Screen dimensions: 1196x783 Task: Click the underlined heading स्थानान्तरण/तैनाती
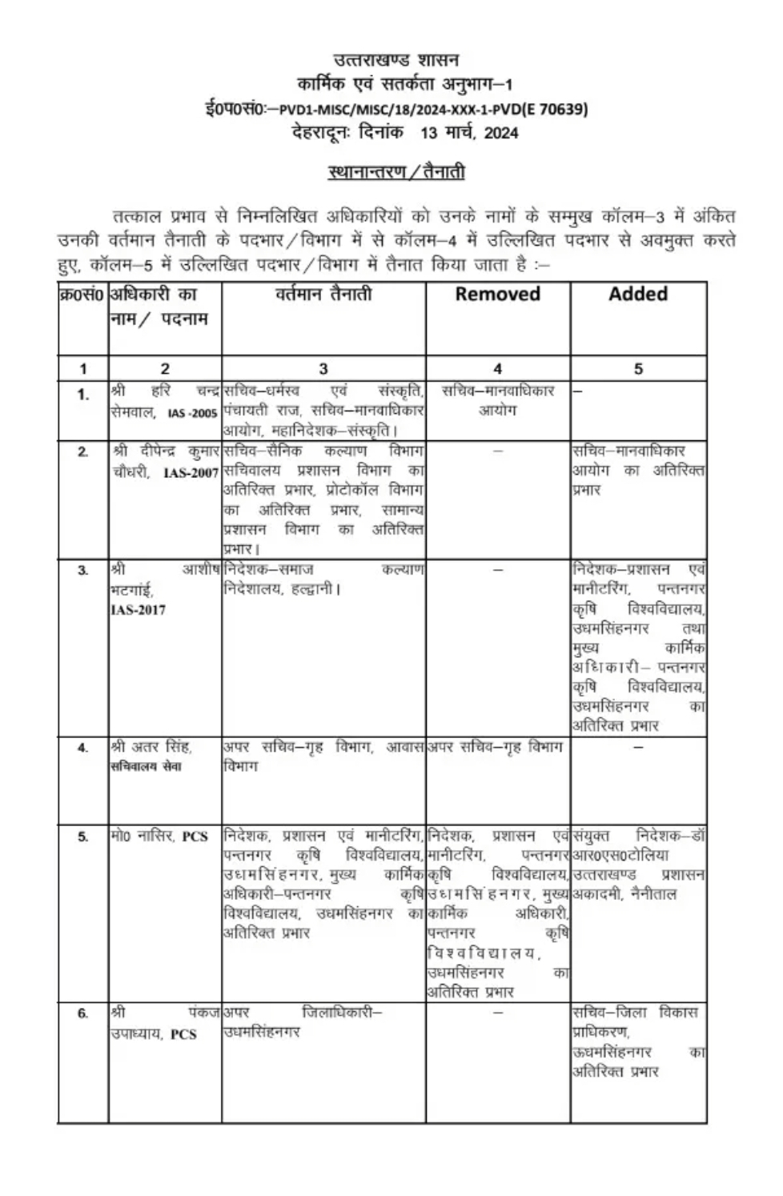click(x=396, y=171)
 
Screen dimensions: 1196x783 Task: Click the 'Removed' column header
click(x=497, y=294)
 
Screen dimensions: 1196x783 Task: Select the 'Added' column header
click(x=638, y=294)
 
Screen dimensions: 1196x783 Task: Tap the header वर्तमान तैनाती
click(x=323, y=295)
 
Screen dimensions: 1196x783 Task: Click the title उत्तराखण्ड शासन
click(x=396, y=60)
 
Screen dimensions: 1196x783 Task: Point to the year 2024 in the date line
click(x=500, y=133)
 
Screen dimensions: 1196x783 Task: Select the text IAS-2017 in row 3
click(x=138, y=610)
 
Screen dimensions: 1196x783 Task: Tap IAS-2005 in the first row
click(x=192, y=413)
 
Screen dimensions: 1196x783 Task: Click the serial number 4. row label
click(x=82, y=749)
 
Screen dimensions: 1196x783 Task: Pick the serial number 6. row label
click(x=82, y=1013)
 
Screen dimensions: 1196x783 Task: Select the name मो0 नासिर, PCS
click(x=159, y=837)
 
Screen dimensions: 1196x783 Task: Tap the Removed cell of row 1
click(x=497, y=400)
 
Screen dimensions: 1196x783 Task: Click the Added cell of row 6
click(x=638, y=1041)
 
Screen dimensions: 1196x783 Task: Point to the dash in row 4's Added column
click(x=638, y=748)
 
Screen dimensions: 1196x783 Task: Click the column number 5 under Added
click(x=638, y=369)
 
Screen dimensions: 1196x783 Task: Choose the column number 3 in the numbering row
click(x=323, y=369)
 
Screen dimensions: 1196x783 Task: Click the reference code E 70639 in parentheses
click(x=553, y=110)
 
